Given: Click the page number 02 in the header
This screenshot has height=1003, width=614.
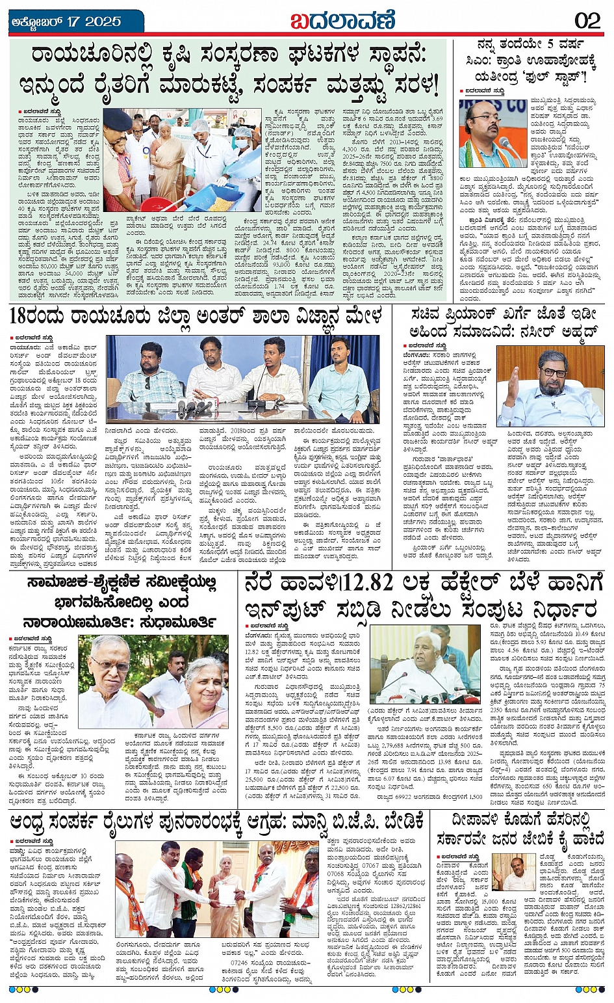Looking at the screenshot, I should click(x=587, y=20).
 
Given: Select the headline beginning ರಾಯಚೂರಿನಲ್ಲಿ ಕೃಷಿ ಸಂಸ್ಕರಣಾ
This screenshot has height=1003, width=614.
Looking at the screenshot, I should click(x=234, y=70).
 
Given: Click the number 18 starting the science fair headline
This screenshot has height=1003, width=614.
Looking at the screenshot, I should click(x=23, y=317).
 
